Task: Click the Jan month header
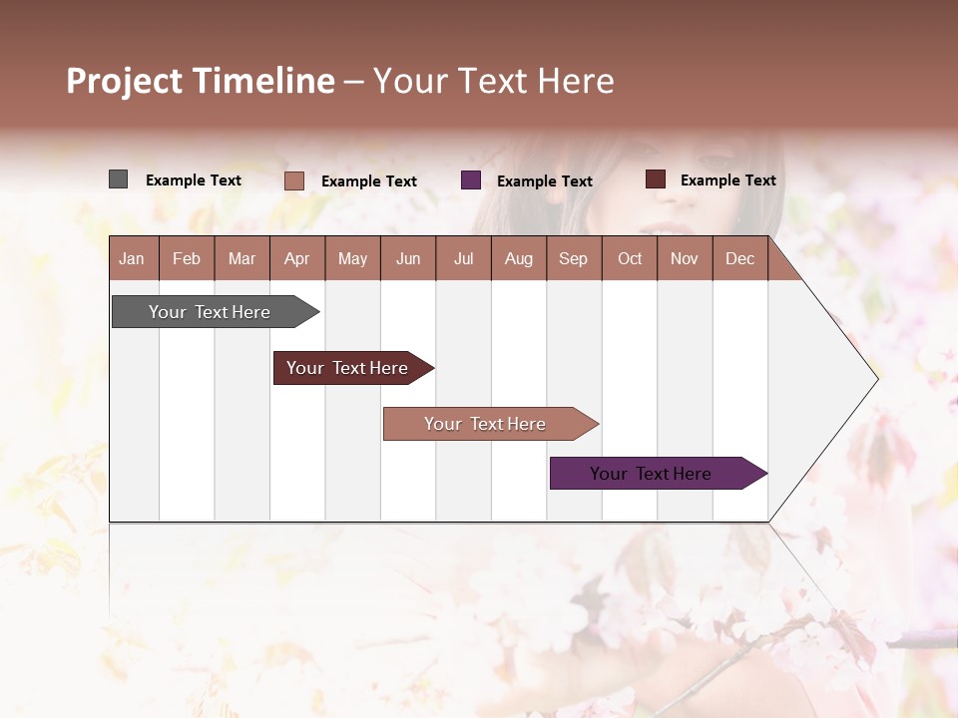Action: pos(133,258)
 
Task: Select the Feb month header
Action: pos(187,258)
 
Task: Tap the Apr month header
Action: pos(296,258)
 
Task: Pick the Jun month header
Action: pos(408,258)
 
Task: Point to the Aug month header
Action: pos(518,258)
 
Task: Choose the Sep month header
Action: pos(573,258)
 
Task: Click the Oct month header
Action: pos(630,258)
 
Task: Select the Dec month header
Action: pos(739,258)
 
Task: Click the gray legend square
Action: pos(118,179)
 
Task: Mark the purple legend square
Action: pos(471,179)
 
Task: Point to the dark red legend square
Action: pos(655,179)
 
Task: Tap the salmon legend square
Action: pos(294,180)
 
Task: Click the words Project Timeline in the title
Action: pos(201,81)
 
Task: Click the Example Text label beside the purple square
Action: pos(544,181)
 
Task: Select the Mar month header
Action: pos(241,258)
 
